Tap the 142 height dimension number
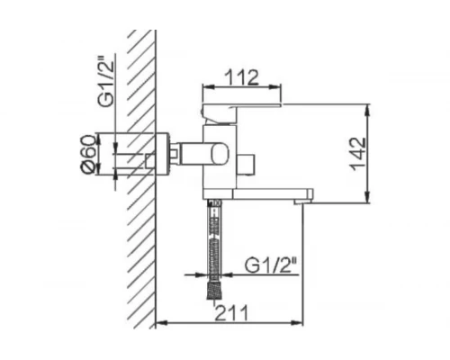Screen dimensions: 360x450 pos(358,152)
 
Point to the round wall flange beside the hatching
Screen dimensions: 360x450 pos(163,158)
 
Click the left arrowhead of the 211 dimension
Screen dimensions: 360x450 pos(160,322)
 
